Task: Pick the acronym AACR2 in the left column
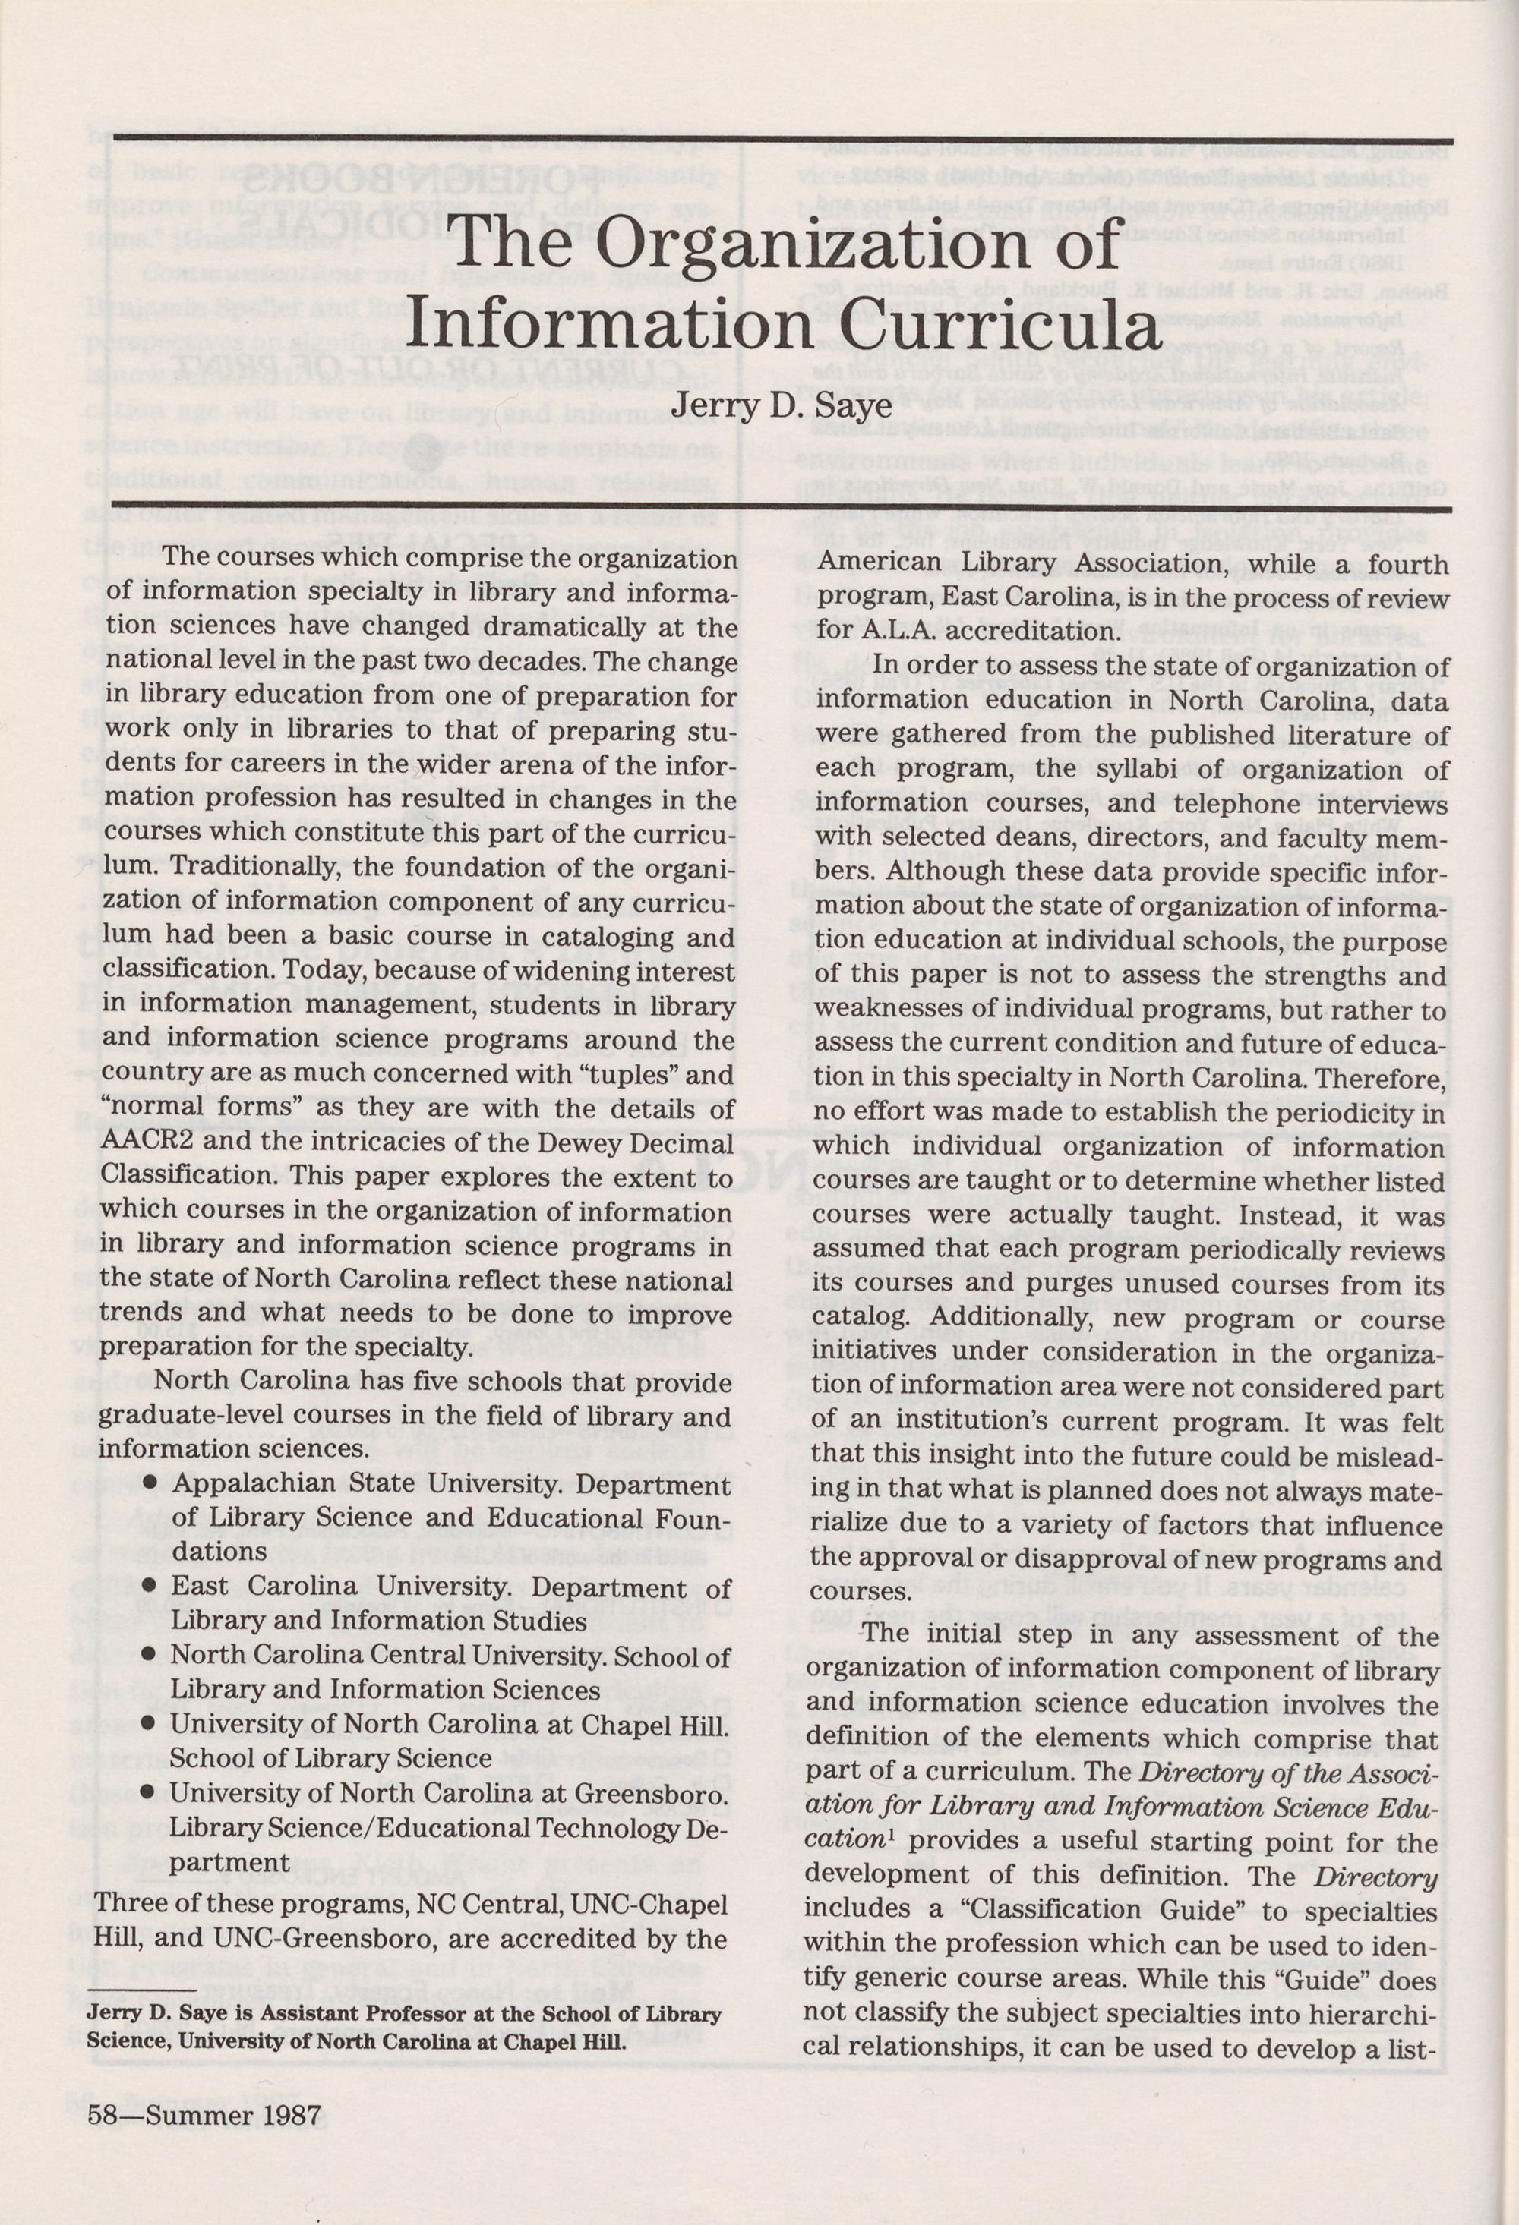tap(143, 1142)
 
